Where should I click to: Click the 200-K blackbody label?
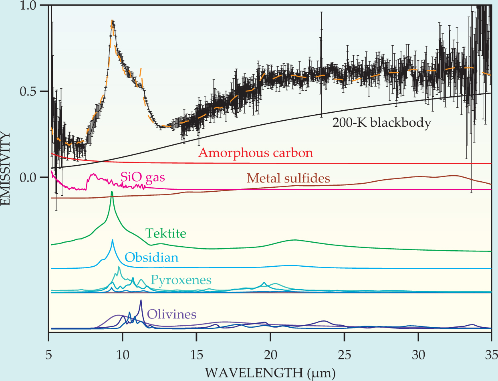click(x=381, y=123)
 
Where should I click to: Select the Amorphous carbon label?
click(x=255, y=153)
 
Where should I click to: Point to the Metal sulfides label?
click(x=288, y=178)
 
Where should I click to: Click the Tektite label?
click(x=165, y=233)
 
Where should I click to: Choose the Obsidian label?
click(x=151, y=257)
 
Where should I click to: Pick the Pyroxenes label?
click(x=181, y=280)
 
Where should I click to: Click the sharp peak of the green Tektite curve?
click(x=112, y=192)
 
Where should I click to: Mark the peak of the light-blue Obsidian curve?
click(x=112, y=240)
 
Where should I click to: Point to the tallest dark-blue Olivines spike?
click(x=141, y=300)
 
